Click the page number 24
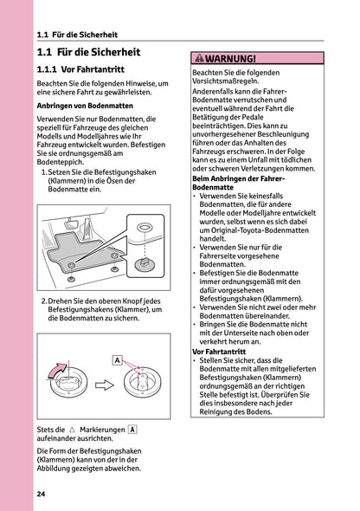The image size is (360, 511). pos(42,494)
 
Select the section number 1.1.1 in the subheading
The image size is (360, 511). pos(54,67)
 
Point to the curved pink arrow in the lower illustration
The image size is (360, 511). pos(61,373)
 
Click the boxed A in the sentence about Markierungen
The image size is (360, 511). pos(132,429)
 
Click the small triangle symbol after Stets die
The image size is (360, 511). pos(73,430)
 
